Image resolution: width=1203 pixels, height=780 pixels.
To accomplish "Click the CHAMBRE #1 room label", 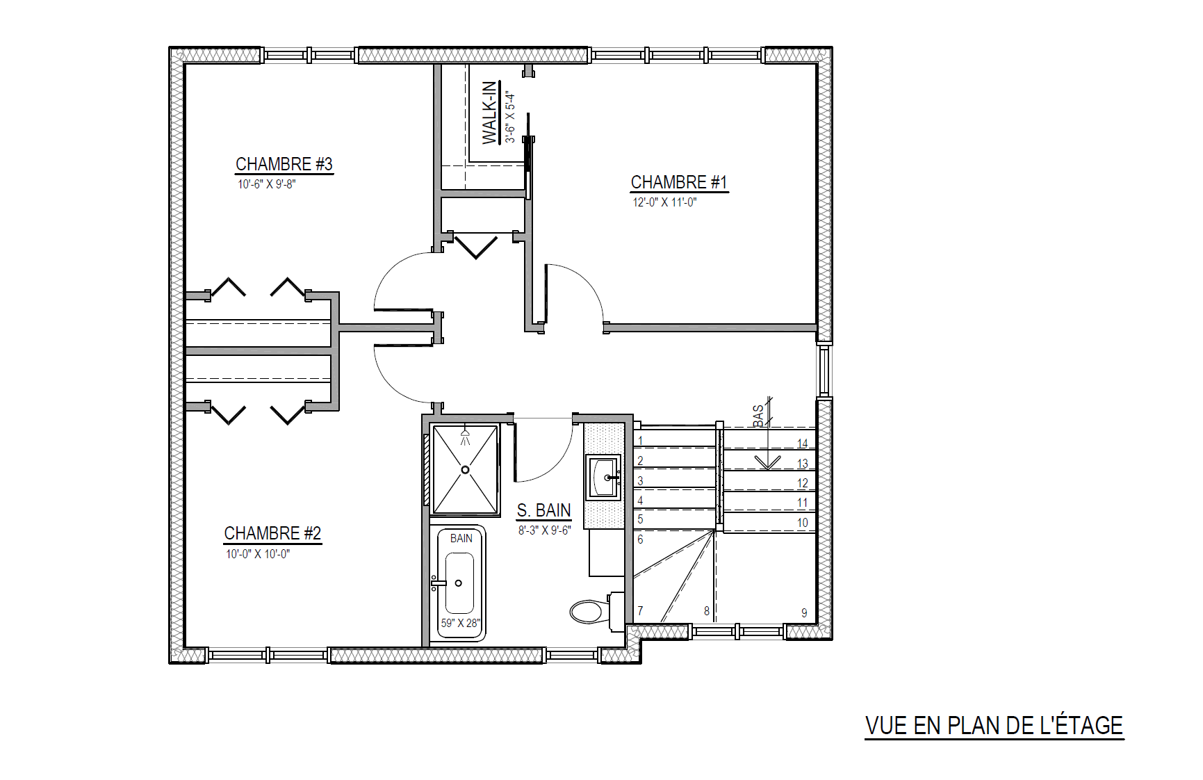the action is [x=679, y=182].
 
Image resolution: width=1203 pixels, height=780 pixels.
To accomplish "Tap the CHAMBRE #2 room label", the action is [x=272, y=533].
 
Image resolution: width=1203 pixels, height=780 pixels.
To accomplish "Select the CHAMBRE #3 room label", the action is [x=284, y=164].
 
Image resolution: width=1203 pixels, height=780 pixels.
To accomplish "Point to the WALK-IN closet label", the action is [x=490, y=113].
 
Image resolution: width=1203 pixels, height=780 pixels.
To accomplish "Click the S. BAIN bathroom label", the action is [x=543, y=510].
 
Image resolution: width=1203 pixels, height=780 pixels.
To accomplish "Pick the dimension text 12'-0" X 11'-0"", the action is [x=664, y=202].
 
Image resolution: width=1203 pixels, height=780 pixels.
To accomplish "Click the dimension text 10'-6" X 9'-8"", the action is [x=267, y=184].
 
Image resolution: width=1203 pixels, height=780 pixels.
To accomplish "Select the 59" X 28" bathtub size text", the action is [x=460, y=623].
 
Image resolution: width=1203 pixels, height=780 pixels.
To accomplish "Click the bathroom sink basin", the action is [x=603, y=478].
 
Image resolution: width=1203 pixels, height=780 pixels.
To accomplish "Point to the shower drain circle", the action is [x=465, y=470].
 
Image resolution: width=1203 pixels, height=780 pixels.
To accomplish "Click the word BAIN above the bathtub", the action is [x=461, y=538].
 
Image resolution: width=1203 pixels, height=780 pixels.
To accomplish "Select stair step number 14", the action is [x=803, y=444].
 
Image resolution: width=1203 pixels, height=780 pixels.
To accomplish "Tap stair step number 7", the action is [x=640, y=611].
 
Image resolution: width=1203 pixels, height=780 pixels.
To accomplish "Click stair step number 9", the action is [x=804, y=613].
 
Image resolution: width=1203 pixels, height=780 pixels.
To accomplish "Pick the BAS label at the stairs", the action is [x=758, y=416].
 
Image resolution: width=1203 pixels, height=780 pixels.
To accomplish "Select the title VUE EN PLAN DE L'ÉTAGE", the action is [x=994, y=726].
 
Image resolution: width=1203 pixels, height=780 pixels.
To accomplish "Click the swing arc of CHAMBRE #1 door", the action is [x=585, y=282].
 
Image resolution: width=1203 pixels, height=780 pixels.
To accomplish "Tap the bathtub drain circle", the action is [x=458, y=583].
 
